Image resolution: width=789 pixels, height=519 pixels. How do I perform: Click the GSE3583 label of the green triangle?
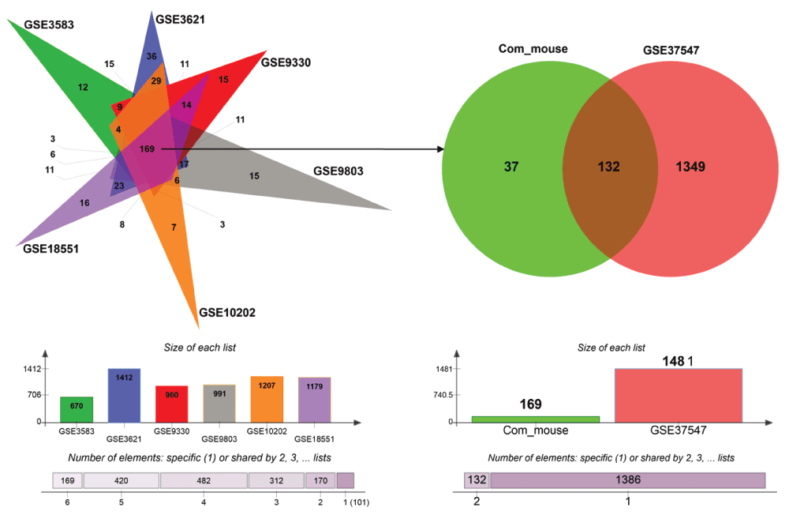(x=50, y=24)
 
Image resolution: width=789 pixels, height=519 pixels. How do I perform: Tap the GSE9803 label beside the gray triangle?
(x=340, y=170)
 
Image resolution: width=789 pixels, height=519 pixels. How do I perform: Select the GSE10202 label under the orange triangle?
(x=227, y=312)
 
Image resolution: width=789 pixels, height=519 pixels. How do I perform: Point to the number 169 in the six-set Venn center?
(x=147, y=149)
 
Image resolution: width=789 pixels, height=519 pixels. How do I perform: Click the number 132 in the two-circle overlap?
(x=608, y=167)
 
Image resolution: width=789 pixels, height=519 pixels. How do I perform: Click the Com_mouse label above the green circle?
(x=533, y=49)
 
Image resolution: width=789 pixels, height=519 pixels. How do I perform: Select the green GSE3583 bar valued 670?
(x=77, y=409)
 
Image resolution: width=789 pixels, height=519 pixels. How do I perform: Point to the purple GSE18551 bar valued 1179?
(x=314, y=400)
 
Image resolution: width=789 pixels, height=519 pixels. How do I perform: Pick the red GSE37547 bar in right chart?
(x=679, y=395)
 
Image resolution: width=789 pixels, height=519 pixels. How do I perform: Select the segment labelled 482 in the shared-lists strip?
(x=204, y=480)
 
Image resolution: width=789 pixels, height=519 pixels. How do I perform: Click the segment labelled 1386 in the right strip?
(x=628, y=480)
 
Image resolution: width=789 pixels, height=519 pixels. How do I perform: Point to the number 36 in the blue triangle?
(x=151, y=56)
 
